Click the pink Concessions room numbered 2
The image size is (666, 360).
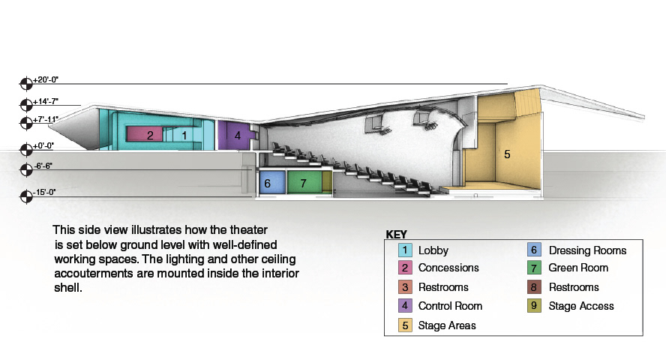pos(150,135)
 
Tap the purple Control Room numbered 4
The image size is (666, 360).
pos(237,136)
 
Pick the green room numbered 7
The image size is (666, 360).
pos(303,182)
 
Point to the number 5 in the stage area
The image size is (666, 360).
pos(507,154)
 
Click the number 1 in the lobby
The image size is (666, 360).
pos(184,135)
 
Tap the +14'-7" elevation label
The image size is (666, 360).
pos(46,100)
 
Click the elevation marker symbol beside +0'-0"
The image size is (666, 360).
pos(25,148)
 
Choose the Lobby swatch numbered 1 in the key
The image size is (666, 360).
pos(404,250)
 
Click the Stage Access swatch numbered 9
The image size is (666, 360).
pos(534,306)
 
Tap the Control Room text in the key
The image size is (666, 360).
pos(450,306)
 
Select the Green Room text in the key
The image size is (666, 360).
pos(578,268)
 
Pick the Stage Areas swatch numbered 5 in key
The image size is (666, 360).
pos(404,325)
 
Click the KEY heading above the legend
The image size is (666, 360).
pos(396,234)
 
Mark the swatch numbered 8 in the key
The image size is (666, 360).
pos(534,287)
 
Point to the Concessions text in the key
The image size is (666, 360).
pos(448,268)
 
